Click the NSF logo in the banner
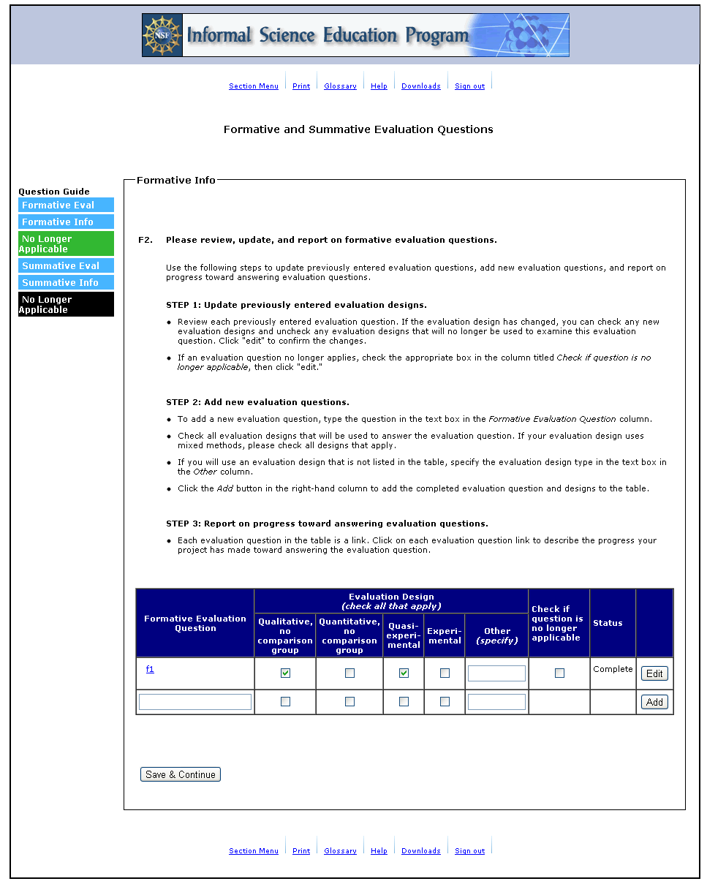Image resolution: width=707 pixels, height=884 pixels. pyautogui.click(x=162, y=35)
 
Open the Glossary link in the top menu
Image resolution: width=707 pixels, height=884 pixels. pyautogui.click(x=340, y=86)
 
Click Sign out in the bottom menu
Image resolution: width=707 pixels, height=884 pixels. pyautogui.click(x=469, y=851)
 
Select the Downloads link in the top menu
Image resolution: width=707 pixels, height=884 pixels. pyautogui.click(x=420, y=86)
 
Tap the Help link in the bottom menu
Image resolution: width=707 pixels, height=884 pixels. pyautogui.click(x=379, y=851)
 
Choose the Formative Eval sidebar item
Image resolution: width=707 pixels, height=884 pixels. pyautogui.click(x=66, y=205)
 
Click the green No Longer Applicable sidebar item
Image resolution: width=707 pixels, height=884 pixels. pyautogui.click(x=66, y=243)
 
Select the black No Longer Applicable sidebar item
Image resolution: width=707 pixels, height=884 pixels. pyautogui.click(x=66, y=304)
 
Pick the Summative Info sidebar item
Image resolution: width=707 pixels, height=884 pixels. pyautogui.click(x=66, y=283)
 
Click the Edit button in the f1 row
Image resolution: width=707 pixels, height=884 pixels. pyautogui.click(x=654, y=673)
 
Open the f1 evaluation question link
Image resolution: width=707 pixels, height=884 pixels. pyautogui.click(x=150, y=669)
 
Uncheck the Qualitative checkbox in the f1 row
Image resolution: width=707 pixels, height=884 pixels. pyautogui.click(x=285, y=673)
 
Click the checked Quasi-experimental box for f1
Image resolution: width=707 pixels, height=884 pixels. pyautogui.click(x=404, y=673)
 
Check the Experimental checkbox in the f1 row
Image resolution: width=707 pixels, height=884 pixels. pyautogui.click(x=445, y=673)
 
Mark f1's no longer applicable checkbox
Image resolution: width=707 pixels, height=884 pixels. pyautogui.click(x=559, y=673)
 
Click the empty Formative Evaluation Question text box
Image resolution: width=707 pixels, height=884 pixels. pyautogui.click(x=195, y=702)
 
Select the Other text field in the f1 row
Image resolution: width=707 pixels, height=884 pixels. pyautogui.click(x=496, y=673)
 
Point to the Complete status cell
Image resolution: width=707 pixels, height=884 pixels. pyautogui.click(x=613, y=669)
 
